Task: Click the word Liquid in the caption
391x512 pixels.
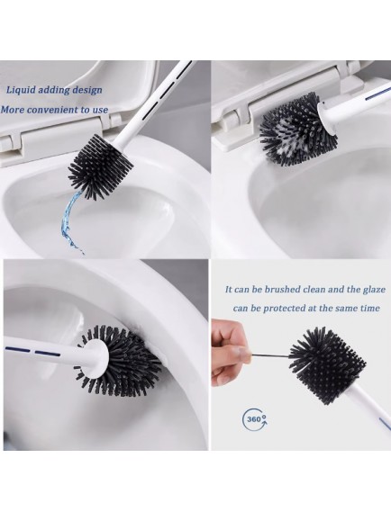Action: point(21,90)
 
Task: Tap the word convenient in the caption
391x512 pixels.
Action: point(53,110)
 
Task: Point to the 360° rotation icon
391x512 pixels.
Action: point(255,418)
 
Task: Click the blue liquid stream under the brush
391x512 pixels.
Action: point(70,222)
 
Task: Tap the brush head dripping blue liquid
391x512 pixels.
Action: point(100,166)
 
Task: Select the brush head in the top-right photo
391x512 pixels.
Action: point(298,129)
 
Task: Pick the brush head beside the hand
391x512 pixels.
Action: point(327,364)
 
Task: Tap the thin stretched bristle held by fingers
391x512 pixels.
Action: point(270,355)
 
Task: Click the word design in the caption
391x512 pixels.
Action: point(87,91)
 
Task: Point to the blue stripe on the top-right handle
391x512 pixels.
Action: point(377,94)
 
